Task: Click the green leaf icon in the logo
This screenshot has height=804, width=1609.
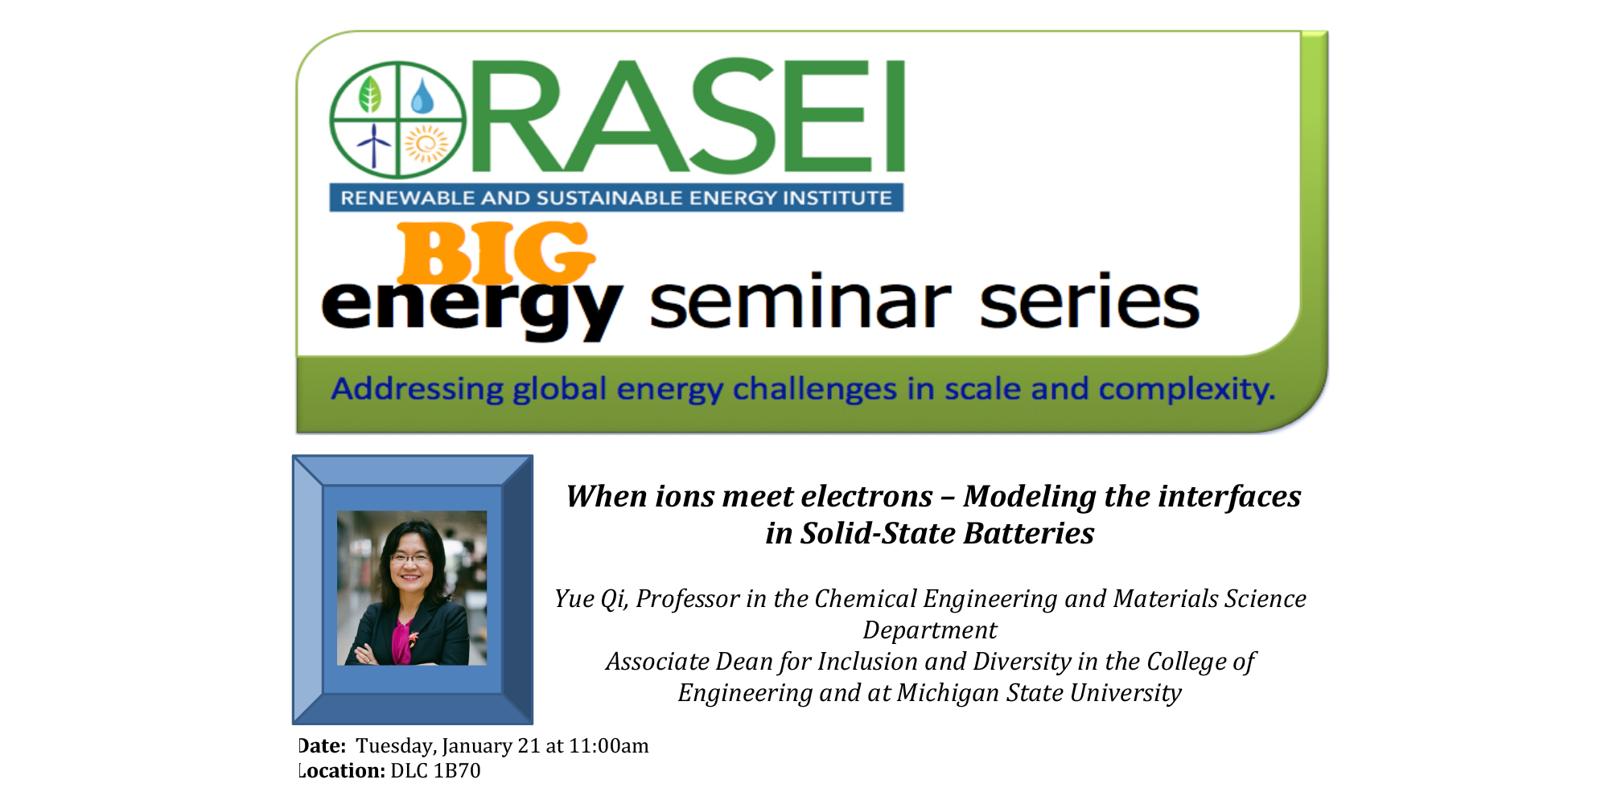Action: (x=369, y=94)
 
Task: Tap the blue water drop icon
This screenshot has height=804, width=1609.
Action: (x=422, y=96)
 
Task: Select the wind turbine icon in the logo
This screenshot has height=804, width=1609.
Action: (x=373, y=145)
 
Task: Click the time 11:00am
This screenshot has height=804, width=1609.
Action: (x=609, y=746)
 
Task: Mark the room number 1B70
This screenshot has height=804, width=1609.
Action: (x=457, y=771)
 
